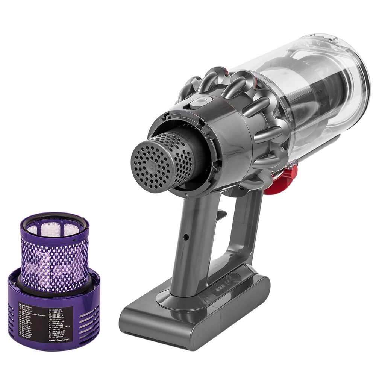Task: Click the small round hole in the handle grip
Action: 186,238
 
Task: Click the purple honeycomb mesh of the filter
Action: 55,259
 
